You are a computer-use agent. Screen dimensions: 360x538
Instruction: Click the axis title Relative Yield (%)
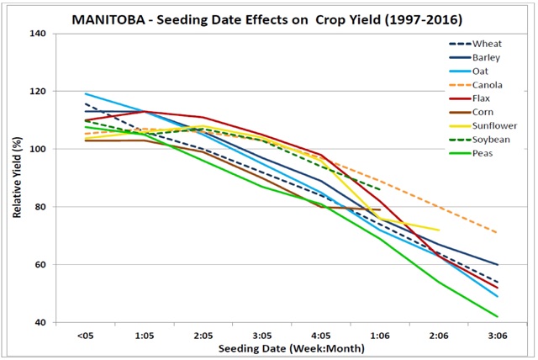point(17,178)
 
